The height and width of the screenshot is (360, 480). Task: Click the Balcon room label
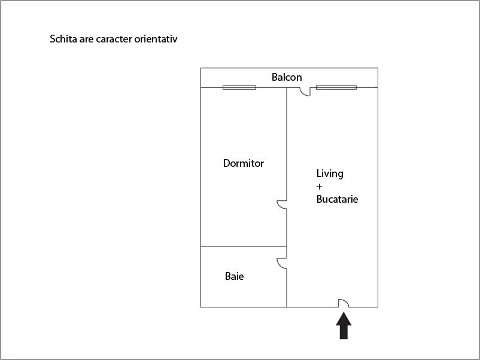pyautogui.click(x=287, y=77)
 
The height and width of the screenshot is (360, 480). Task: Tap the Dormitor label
pyautogui.click(x=244, y=163)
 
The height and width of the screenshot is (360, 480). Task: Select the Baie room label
pyautogui.click(x=234, y=276)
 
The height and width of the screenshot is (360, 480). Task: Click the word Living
pyautogui.click(x=330, y=174)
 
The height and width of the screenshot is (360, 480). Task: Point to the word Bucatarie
pyautogui.click(x=337, y=199)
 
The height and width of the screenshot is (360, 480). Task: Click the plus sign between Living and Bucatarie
pyautogui.click(x=319, y=187)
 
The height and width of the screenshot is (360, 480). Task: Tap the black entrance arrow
pyautogui.click(x=344, y=325)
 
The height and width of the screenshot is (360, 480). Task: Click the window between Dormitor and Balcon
pyautogui.click(x=239, y=87)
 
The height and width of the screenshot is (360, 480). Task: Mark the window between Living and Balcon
pyautogui.click(x=336, y=87)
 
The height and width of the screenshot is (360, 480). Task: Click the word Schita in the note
pyautogui.click(x=63, y=39)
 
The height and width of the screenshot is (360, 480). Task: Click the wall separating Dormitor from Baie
pyautogui.click(x=244, y=246)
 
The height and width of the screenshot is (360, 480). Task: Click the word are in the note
pyautogui.click(x=87, y=39)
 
